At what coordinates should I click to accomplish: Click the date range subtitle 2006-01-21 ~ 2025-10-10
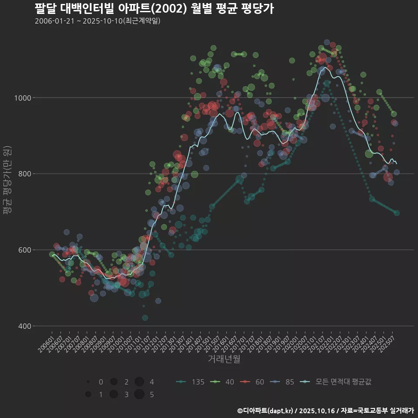[98, 21]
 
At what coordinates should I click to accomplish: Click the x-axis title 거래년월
[224, 359]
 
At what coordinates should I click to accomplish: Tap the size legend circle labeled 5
[139, 394]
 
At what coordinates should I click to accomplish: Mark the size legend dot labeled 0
[88, 382]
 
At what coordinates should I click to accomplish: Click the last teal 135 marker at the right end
[397, 213]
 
